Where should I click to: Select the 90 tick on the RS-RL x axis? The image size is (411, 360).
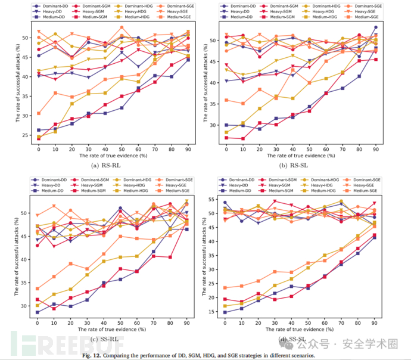pos(188,148)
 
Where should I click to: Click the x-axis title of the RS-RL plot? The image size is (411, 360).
pos(113,156)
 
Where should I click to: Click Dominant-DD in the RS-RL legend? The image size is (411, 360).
pos(57,5)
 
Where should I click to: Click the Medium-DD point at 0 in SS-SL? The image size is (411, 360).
pos(225,312)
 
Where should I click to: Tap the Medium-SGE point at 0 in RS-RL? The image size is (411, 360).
pos(39,113)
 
